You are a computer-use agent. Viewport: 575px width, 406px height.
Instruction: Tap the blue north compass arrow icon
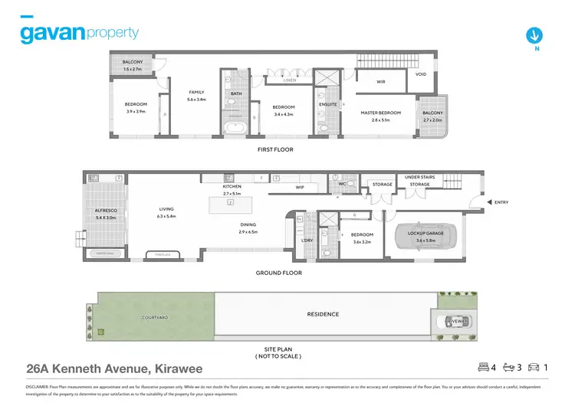tap(534, 34)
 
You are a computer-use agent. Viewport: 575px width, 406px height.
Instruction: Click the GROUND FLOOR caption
tap(278, 273)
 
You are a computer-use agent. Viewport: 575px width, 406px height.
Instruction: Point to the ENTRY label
tap(501, 202)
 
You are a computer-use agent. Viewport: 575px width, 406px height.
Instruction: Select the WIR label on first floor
tap(380, 81)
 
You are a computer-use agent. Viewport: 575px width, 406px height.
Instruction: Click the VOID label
tap(421, 74)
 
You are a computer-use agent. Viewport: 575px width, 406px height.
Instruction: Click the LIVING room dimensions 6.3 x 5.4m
tap(166, 217)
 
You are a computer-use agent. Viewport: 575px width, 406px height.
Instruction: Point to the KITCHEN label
tap(232, 187)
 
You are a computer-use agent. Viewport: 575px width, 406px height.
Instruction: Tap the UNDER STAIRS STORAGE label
tap(419, 181)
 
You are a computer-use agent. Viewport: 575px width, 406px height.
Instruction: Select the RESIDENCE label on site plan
tap(323, 314)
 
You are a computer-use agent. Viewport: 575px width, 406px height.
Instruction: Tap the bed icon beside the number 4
tap(483, 367)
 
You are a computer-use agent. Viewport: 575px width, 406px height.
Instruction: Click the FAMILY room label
tap(197, 92)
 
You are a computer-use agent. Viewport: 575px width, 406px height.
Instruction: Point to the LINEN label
tap(289, 80)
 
